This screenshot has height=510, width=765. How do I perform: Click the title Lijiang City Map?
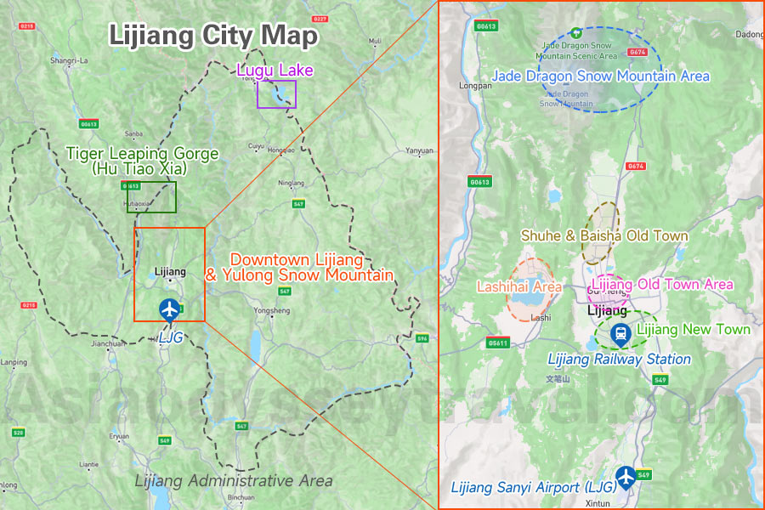(x=213, y=36)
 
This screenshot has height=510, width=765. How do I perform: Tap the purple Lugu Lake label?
(x=275, y=70)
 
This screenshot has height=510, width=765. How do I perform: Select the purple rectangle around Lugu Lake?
(x=277, y=93)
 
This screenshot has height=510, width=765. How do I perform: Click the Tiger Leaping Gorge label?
(x=142, y=161)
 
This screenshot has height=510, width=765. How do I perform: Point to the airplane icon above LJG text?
(x=170, y=309)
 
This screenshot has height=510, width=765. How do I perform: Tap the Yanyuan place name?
(x=419, y=150)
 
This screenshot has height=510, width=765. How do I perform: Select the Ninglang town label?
(x=291, y=182)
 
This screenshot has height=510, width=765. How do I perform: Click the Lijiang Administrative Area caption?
(x=234, y=481)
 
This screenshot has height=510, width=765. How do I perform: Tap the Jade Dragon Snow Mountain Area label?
(x=600, y=76)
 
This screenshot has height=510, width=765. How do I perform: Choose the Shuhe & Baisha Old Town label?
(x=604, y=235)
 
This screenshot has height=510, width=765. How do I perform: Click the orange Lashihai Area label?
(x=518, y=287)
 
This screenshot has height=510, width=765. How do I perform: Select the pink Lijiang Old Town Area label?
(x=662, y=284)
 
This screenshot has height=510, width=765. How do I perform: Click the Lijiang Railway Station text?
(x=620, y=360)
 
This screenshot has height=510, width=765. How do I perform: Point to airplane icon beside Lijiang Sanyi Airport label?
(x=626, y=478)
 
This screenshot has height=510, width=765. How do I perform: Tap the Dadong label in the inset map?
(x=749, y=35)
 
